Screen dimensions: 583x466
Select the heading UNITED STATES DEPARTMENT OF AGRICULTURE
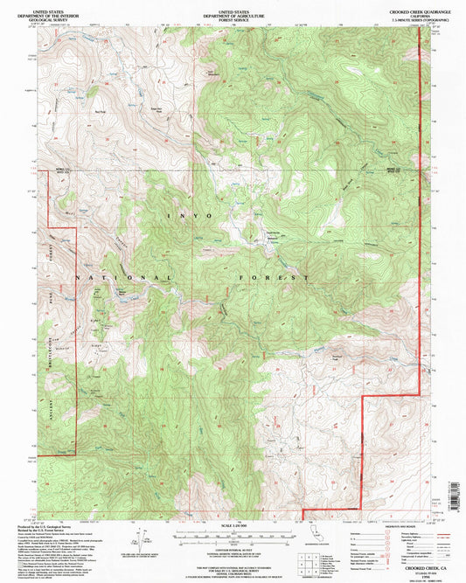click(233, 10)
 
